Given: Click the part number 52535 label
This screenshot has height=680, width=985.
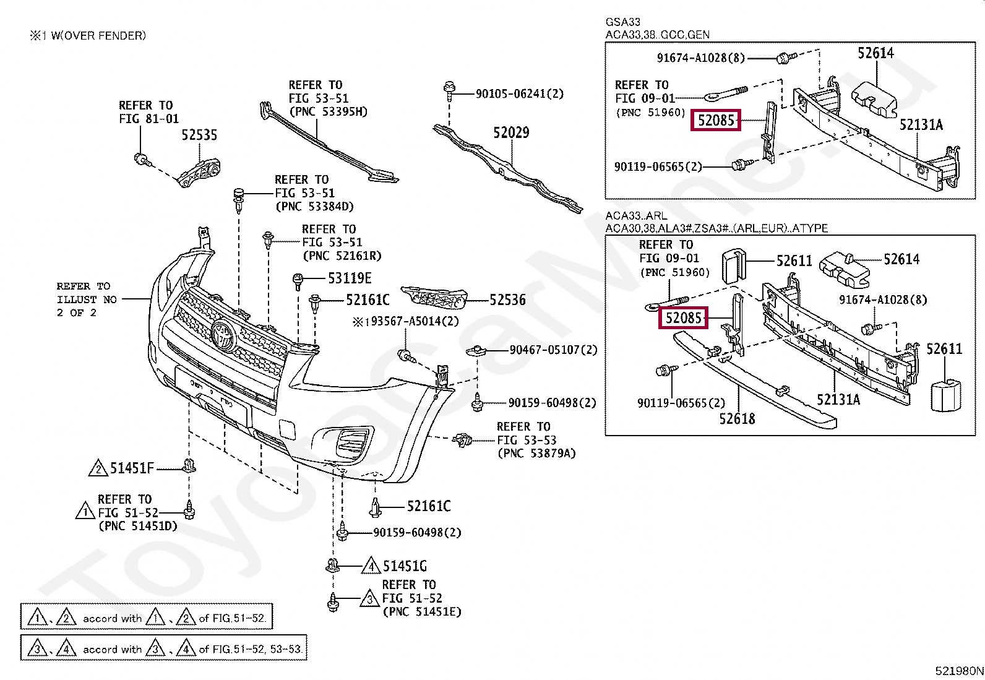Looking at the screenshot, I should [x=199, y=135].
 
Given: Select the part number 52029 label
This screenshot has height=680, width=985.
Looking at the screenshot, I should [x=511, y=132].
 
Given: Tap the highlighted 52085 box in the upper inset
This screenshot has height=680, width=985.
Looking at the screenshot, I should [x=716, y=120].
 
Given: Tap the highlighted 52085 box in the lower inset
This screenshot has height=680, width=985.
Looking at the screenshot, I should [x=683, y=318].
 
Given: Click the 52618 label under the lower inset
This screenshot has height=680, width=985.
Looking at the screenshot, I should [x=737, y=419].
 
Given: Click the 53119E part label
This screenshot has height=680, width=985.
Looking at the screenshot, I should [x=350, y=278].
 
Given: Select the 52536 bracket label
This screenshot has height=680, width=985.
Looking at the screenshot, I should [x=507, y=300].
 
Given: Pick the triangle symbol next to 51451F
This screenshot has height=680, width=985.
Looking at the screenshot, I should [x=98, y=469].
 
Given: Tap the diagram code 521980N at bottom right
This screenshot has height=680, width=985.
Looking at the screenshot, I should [x=958, y=670].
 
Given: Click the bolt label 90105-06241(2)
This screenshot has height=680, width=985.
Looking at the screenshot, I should [x=520, y=94].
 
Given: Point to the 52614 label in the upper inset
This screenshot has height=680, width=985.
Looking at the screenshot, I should [x=875, y=53].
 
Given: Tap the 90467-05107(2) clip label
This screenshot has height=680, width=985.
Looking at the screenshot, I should [x=553, y=350].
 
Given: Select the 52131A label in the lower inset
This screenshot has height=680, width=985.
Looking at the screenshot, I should [x=838, y=399].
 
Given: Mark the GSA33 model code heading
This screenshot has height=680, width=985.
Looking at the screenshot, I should [x=622, y=22].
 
